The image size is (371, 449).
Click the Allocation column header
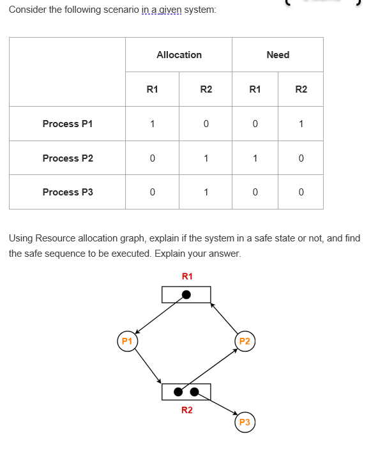pos(179,55)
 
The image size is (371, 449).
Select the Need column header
pos(278,55)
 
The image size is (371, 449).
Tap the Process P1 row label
pos(68,124)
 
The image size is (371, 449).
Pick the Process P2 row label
pos(68,158)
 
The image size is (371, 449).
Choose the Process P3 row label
pos(68,192)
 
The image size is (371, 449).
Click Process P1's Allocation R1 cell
pos(152,124)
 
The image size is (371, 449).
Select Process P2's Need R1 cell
pos(255,158)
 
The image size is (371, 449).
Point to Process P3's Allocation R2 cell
pos(206,192)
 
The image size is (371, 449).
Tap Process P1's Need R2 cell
pos(301,124)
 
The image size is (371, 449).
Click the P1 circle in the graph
pos(127,341)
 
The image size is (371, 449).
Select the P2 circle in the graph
pos(244,341)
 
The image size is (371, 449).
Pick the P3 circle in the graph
pos(244,422)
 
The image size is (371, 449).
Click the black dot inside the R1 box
pos(186,294)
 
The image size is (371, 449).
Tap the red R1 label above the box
pos(186,277)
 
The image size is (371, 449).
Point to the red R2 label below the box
pos(186,410)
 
